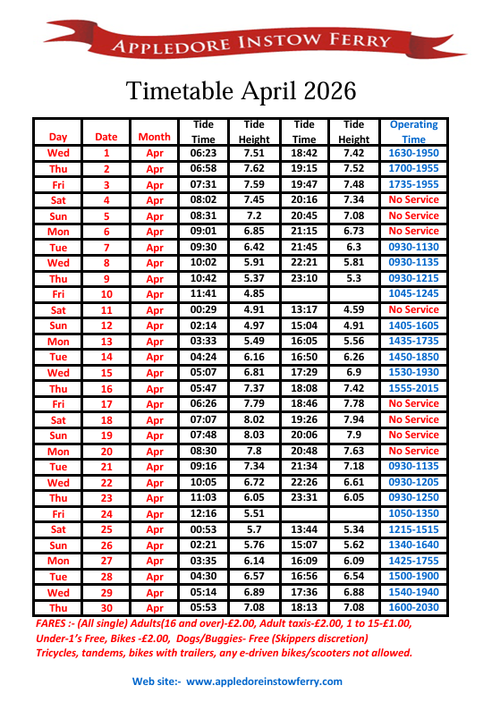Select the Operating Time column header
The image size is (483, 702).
(413, 131)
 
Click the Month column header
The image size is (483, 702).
(154, 138)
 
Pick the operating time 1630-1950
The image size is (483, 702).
(413, 153)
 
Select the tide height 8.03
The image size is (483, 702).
(254, 435)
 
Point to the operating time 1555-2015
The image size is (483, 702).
(413, 388)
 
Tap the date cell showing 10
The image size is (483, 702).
(106, 294)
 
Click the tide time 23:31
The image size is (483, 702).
(304, 497)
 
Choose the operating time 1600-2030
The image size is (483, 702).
(413, 608)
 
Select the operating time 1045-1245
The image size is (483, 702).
(413, 294)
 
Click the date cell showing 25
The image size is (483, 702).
(106, 529)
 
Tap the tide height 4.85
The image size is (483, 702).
(254, 294)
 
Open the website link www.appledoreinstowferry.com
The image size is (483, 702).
(264, 681)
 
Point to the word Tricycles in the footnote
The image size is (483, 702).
(62, 653)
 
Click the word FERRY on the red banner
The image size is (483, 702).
(361, 41)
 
